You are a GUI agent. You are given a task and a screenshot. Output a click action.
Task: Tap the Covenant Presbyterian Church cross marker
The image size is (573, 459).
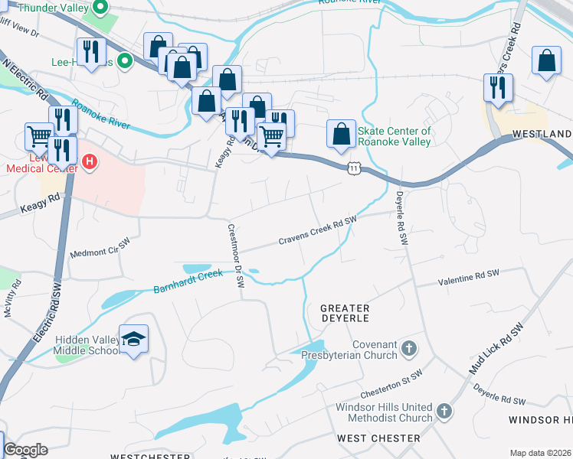[409, 349]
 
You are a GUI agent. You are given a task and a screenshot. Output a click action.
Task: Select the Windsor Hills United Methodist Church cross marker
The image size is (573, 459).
[444, 412]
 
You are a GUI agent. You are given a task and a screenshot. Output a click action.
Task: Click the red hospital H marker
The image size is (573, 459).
[90, 162]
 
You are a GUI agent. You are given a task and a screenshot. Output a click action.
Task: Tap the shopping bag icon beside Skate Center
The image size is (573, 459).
[341, 134]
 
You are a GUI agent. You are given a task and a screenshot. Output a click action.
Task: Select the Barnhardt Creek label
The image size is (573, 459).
[187, 280]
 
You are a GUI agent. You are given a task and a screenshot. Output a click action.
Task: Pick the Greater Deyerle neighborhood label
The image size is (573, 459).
[345, 312]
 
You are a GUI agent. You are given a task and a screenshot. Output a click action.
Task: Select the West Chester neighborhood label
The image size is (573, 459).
[378, 438]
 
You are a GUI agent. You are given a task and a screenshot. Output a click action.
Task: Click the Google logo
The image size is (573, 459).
[25, 450]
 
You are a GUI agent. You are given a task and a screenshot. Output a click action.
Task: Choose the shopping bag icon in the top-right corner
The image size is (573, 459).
[547, 62]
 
